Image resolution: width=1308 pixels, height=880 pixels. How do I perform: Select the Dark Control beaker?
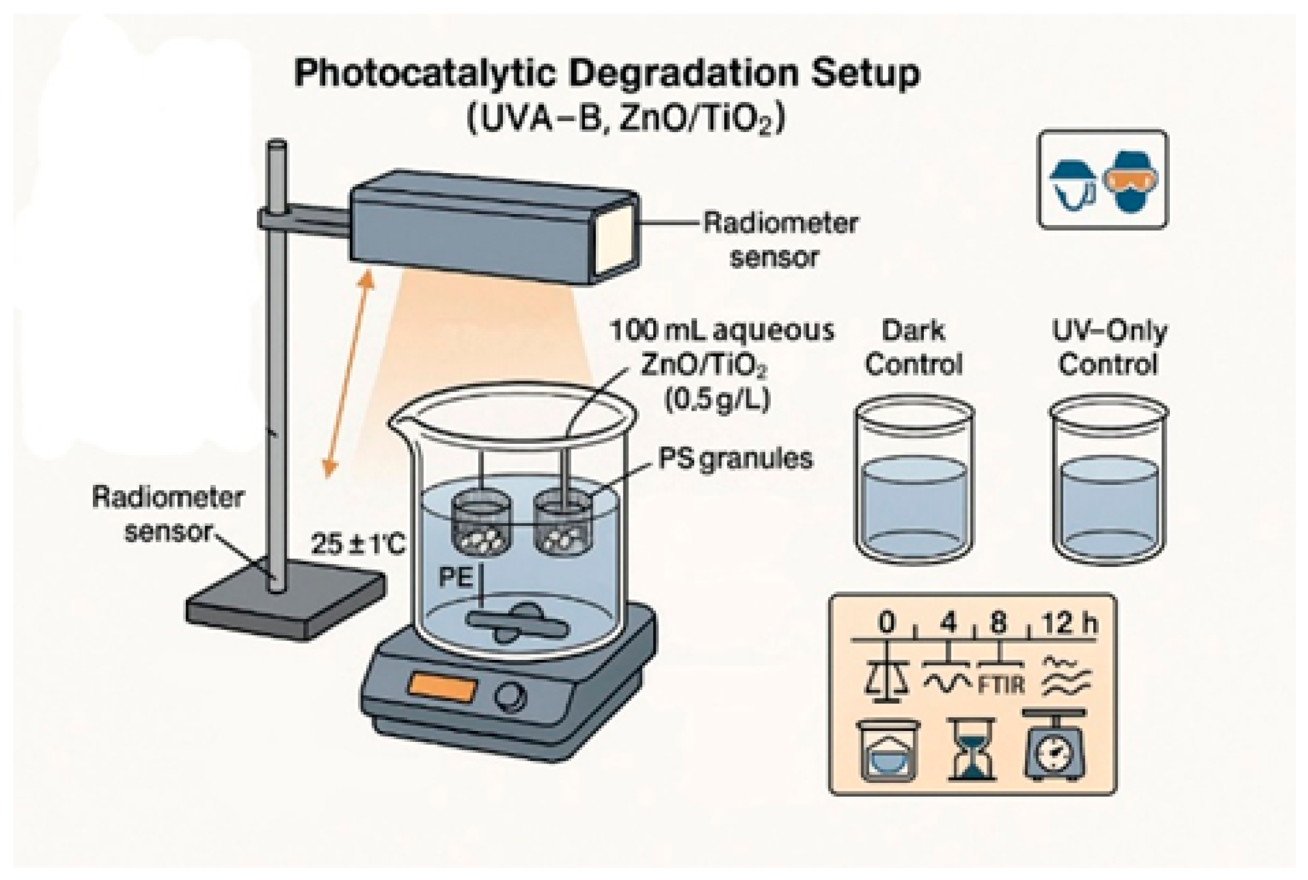pos(914,483)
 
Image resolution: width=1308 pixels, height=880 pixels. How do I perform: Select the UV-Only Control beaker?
pos(1108,483)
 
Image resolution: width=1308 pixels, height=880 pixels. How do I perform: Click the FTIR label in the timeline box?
pos(1001,686)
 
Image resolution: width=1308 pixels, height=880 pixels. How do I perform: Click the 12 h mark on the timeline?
pos(1069,623)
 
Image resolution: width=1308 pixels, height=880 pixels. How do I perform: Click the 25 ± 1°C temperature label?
pos(358,545)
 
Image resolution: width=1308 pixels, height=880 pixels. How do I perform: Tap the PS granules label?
pos(735,459)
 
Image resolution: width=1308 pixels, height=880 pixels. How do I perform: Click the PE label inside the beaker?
pos(455,577)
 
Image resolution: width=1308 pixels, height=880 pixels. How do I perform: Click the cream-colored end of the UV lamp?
pos(616,238)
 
